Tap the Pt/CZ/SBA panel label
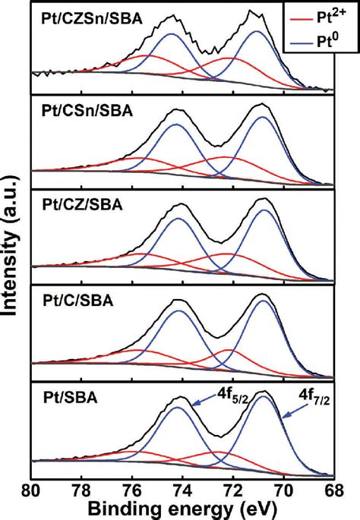80,205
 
